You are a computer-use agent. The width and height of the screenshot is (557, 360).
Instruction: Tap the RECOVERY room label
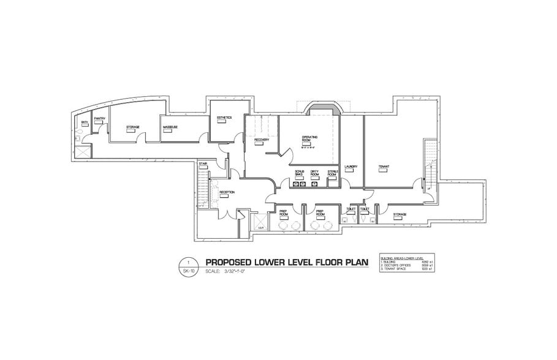pos(262,140)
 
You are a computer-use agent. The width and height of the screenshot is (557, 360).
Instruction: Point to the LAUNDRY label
pos(350,166)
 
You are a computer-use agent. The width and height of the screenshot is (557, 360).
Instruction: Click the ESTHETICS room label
pos(224,118)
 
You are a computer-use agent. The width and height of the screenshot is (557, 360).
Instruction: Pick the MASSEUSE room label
pos(170,127)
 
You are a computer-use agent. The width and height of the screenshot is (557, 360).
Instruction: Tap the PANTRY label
pos(100,119)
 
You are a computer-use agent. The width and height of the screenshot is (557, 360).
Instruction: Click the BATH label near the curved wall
pos(85,123)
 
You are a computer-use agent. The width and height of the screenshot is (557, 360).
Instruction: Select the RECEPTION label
pos(227,192)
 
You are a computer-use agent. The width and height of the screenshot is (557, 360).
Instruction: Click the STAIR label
pos(203,163)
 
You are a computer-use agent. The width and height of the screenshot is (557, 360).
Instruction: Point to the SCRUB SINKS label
pos(300,173)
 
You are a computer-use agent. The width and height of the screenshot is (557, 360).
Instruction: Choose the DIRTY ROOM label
pos(315,173)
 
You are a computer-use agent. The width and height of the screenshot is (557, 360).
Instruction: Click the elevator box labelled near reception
pos(259,223)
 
